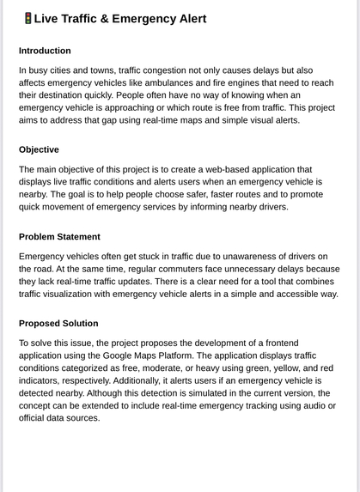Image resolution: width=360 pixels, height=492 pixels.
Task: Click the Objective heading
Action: (39, 149)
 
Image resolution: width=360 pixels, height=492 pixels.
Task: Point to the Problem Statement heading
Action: (59, 236)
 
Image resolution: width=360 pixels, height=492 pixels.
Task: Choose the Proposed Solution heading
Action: (58, 323)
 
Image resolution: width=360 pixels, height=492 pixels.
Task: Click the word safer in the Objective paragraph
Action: (218, 194)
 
